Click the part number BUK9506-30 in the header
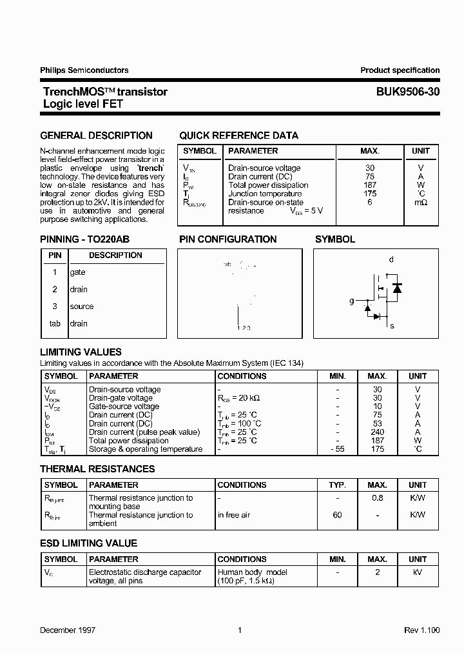[x=408, y=92]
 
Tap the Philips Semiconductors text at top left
[x=84, y=70]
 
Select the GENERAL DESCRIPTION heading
[x=96, y=136]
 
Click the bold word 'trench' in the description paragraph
[x=149, y=168]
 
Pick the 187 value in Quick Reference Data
[x=369, y=185]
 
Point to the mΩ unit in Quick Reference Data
[x=420, y=203]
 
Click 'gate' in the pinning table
[x=77, y=272]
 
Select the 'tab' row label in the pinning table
[x=55, y=323]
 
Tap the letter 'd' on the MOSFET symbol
[x=391, y=259]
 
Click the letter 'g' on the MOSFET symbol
[x=351, y=301]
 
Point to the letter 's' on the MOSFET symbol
[x=391, y=326]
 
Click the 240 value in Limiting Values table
[x=377, y=432]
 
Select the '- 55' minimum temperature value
[x=337, y=449]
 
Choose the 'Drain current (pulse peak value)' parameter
[x=144, y=432]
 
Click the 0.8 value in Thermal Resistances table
[x=377, y=498]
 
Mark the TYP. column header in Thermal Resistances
[x=337, y=485]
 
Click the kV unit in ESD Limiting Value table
[x=418, y=572]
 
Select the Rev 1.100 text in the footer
[x=421, y=630]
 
